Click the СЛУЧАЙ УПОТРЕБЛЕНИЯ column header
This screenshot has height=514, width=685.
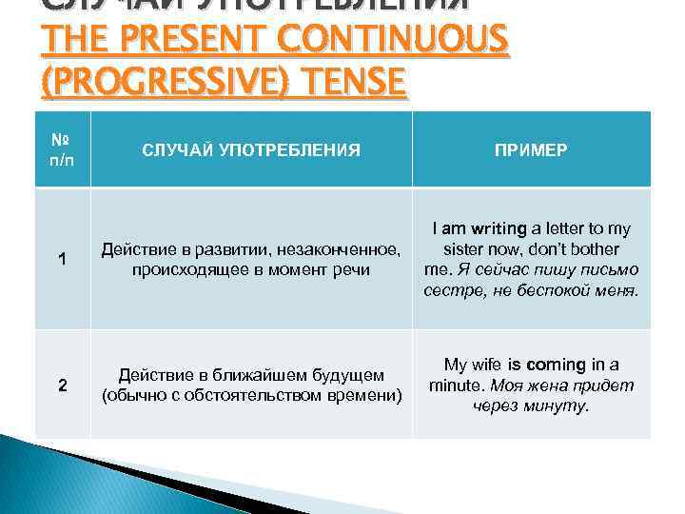point(251,148)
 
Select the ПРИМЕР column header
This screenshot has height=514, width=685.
point(530,148)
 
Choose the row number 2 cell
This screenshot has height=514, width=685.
point(62,385)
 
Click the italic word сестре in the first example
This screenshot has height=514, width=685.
point(449,290)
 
